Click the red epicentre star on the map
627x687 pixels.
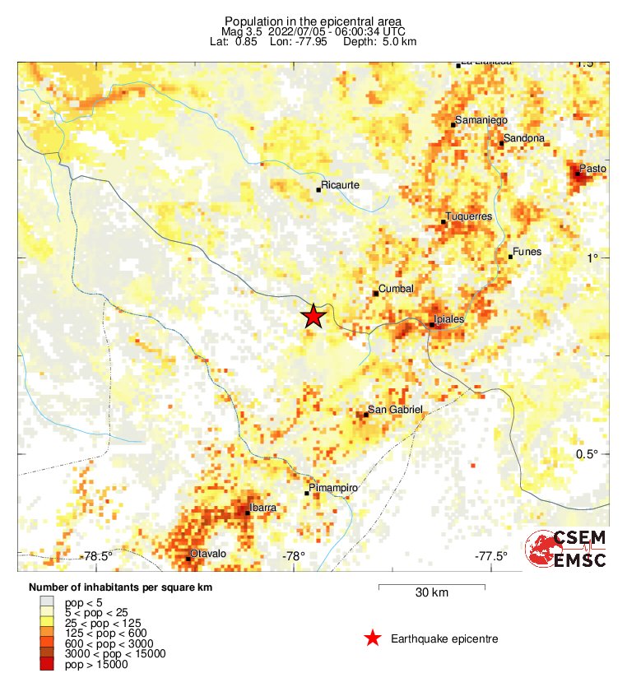[313, 317]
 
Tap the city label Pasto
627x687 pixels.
[592, 168]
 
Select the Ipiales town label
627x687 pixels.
[448, 318]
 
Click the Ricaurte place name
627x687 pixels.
[340, 185]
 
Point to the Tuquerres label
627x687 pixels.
[468, 216]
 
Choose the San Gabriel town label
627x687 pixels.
[395, 410]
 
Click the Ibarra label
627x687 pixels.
[262, 508]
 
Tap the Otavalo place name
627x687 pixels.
[207, 555]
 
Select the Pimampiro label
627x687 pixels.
[333, 489]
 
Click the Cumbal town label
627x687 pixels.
[395, 288]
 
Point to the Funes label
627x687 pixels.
[527, 252]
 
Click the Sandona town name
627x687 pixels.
[524, 138]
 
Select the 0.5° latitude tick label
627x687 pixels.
[586, 455]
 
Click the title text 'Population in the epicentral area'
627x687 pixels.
[313, 21]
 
